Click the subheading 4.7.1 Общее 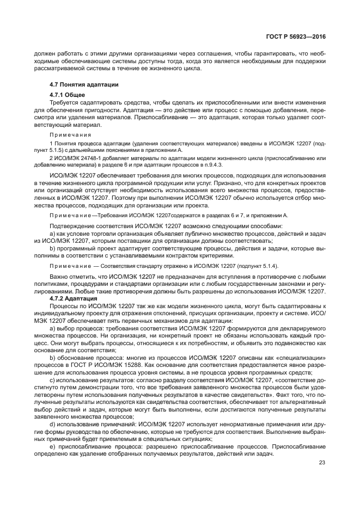pos(67,95)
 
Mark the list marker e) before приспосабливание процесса pos(52,446)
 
